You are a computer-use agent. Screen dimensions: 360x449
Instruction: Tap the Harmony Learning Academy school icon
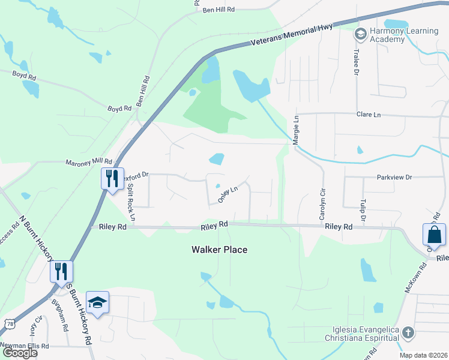[360, 32]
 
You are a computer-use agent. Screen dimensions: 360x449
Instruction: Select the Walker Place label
[219, 250]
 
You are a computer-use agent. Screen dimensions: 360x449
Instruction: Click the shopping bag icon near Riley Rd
[434, 236]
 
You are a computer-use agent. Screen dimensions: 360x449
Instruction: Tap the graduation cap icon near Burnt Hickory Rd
[97, 303]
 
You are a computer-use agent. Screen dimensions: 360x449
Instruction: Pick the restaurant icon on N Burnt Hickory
[61, 271]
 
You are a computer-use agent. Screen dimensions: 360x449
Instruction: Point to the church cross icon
[408, 332]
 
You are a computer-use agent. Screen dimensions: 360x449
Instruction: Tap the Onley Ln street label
[228, 194]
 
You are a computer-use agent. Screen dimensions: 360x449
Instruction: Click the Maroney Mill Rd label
[89, 162]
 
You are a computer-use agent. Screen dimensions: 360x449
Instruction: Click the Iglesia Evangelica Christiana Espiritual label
[366, 334]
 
